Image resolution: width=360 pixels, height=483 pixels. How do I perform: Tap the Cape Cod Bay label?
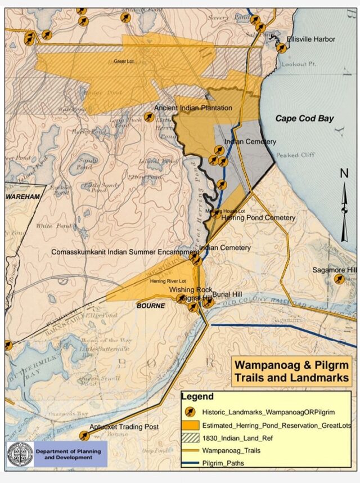304,118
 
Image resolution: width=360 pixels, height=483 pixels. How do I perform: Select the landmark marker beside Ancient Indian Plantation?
149,117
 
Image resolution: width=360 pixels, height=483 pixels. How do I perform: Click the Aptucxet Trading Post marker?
84,435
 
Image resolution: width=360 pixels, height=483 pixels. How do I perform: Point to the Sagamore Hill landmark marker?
339,279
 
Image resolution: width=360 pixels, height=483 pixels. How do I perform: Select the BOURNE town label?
151,306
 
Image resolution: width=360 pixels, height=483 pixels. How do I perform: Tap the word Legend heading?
197,397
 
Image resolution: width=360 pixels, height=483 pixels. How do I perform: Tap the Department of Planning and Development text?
68,454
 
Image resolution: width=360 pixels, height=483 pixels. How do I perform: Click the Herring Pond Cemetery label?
258,218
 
